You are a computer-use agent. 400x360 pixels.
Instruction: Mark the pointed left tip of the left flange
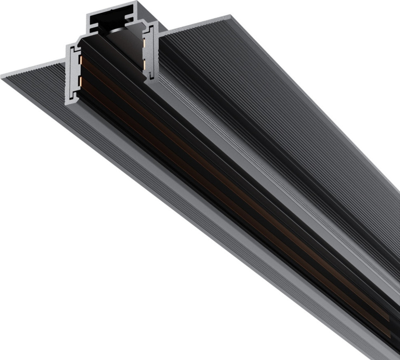point(2,77)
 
